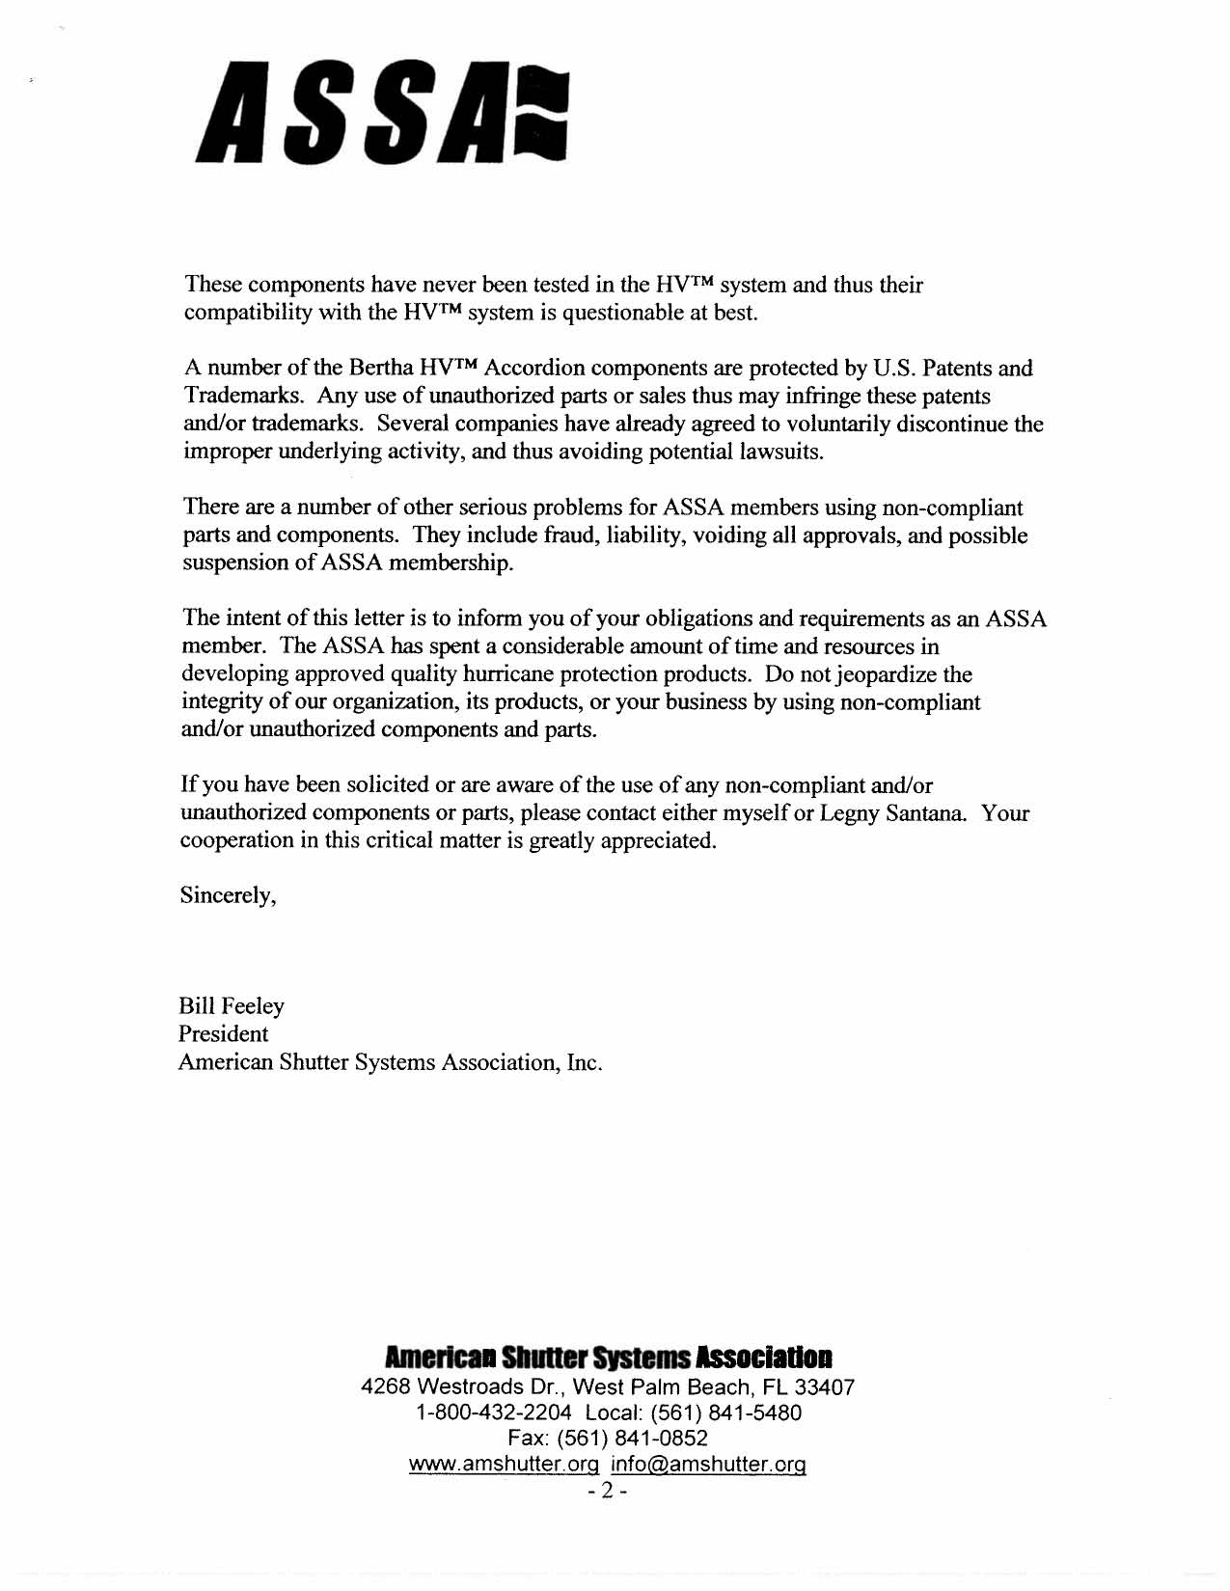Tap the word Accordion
(x=535, y=369)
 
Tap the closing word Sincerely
(x=228, y=895)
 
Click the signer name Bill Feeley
(x=232, y=1006)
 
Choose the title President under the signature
(x=223, y=1034)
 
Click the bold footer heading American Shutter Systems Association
(x=608, y=1358)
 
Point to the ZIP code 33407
(x=824, y=1387)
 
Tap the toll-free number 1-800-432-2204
(x=493, y=1413)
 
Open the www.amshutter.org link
(x=505, y=1465)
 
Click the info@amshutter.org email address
(x=708, y=1465)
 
